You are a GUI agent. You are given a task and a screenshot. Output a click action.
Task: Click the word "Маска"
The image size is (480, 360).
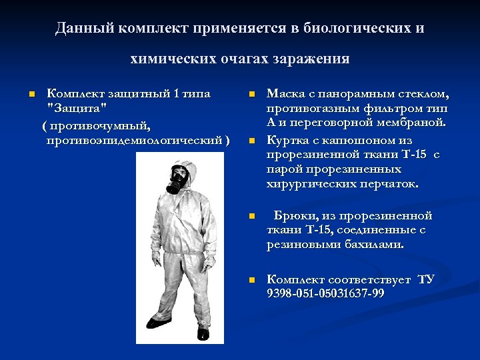pos(285,94)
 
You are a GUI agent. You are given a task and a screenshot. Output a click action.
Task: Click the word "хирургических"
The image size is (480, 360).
pos(309,184)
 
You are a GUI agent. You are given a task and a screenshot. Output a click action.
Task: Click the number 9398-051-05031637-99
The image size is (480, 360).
pos(325,294)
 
